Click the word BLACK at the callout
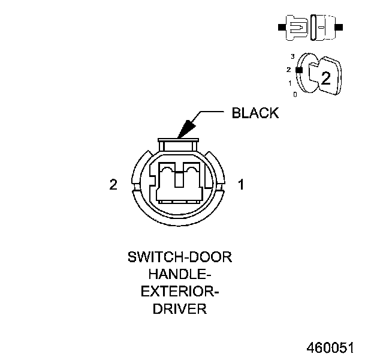(255, 113)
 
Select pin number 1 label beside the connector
(241, 184)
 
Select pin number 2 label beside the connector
(113, 184)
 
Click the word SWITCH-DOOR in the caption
(180, 258)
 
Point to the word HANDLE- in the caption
(180, 275)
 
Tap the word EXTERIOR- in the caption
(180, 293)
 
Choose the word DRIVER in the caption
(180, 310)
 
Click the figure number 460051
(330, 348)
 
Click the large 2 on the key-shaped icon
(325, 77)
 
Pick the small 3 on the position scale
(292, 56)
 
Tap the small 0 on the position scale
(294, 94)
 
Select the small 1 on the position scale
(290, 83)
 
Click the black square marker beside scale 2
(298, 70)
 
